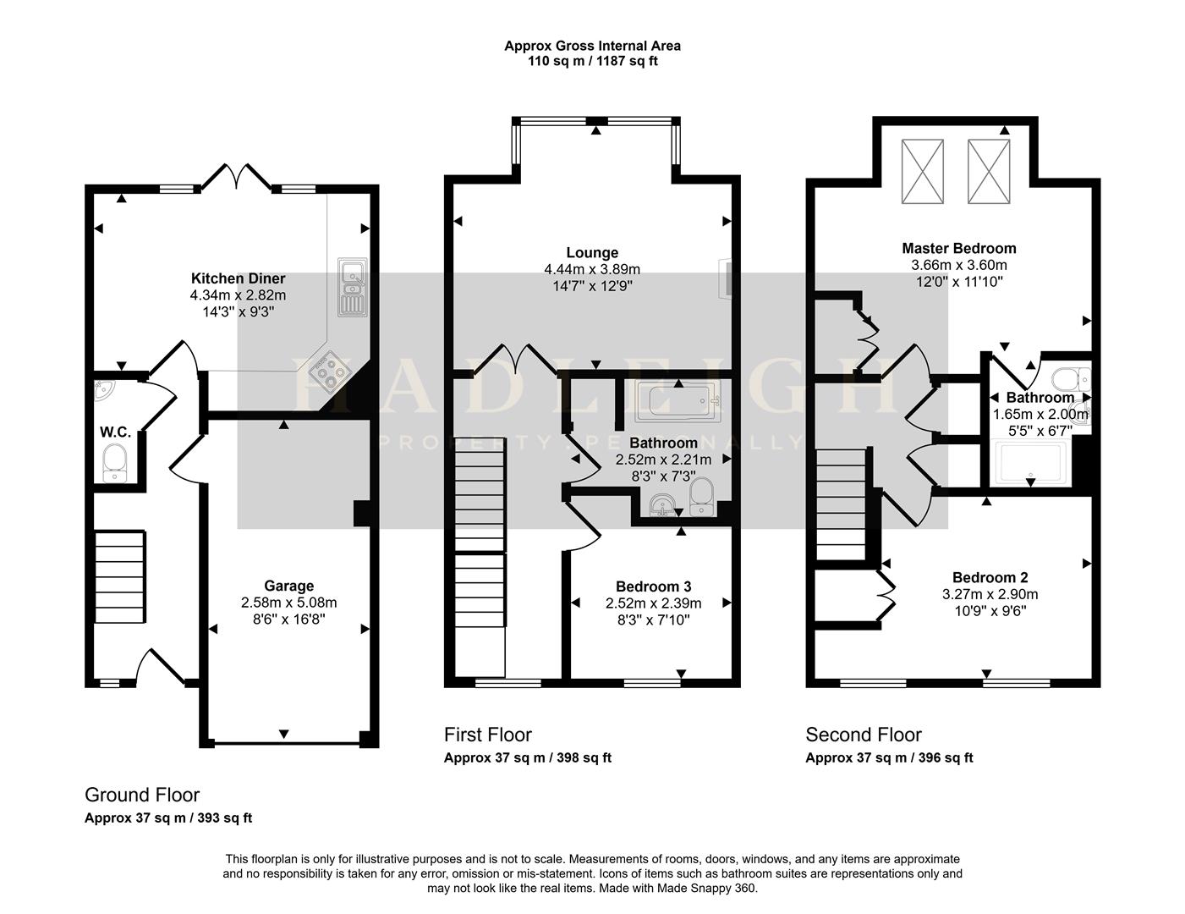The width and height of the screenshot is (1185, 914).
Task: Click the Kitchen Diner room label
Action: pyautogui.click(x=238, y=278)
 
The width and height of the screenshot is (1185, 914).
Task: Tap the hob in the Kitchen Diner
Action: pyautogui.click(x=329, y=372)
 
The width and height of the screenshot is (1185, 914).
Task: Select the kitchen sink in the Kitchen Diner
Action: pyautogui.click(x=353, y=287)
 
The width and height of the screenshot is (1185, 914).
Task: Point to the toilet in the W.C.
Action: pyautogui.click(x=114, y=464)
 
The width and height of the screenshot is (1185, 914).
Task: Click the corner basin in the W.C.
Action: pyautogui.click(x=102, y=389)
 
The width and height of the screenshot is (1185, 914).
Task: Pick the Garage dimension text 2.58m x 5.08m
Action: pyautogui.click(x=288, y=603)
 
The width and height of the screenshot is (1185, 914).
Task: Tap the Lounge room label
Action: pyautogui.click(x=592, y=253)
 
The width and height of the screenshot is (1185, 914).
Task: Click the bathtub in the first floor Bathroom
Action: pyautogui.click(x=678, y=401)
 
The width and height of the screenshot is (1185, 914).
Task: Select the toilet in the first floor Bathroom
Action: pyautogui.click(x=702, y=497)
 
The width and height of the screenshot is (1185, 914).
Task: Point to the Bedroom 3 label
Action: pyautogui.click(x=653, y=586)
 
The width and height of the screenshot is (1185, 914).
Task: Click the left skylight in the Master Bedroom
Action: pyautogui.click(x=922, y=171)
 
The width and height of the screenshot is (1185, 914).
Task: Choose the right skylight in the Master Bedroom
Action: pyautogui.click(x=989, y=171)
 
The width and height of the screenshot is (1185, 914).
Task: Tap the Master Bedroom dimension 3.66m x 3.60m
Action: pyautogui.click(x=958, y=265)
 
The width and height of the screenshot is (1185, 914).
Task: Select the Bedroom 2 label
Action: pyautogui.click(x=990, y=577)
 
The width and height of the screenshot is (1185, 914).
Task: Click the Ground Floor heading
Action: pyautogui.click(x=142, y=795)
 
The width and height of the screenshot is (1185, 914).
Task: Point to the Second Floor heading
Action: pyautogui.click(x=864, y=735)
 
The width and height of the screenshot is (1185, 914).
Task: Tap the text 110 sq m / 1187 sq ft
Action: pyautogui.click(x=592, y=61)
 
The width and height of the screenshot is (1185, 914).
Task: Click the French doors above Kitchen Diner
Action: pyautogui.click(x=237, y=176)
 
